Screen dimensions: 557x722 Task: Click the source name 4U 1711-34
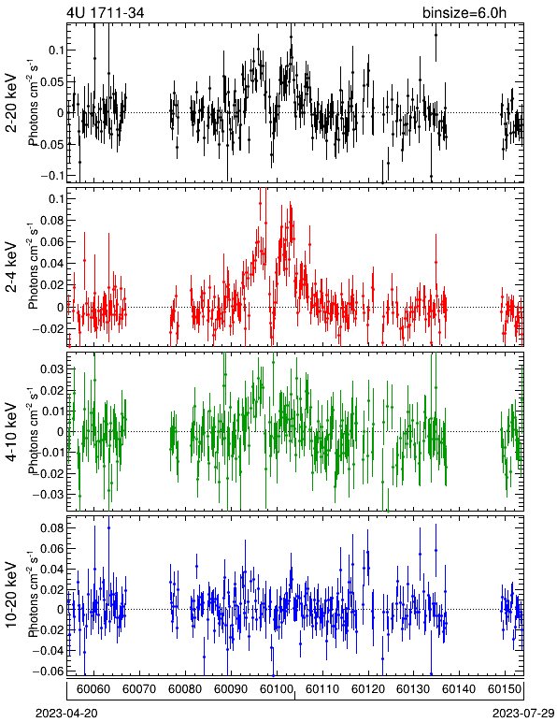click(x=106, y=13)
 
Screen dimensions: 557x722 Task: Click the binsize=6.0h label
click(x=464, y=13)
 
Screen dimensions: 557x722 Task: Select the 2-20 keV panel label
click(x=11, y=103)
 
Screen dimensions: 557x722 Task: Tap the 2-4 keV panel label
click(x=11, y=268)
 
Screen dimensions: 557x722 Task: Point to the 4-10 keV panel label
click(x=11, y=432)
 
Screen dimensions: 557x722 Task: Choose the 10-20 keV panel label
click(x=11, y=595)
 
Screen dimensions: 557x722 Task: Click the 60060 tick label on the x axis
click(x=93, y=689)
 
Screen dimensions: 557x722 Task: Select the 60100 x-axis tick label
click(x=277, y=689)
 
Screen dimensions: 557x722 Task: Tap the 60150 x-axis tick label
click(x=505, y=689)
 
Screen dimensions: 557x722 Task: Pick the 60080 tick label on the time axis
click(x=185, y=689)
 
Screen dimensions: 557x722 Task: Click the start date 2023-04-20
click(x=66, y=714)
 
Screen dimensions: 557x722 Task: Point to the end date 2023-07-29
click(x=523, y=714)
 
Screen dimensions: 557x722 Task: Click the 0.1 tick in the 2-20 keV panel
click(x=56, y=51)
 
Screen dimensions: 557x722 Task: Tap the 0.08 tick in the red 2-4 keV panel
click(x=52, y=220)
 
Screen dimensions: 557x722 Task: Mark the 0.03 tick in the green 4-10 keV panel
click(x=52, y=369)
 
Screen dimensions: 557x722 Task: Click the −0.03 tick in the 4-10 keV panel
click(x=49, y=495)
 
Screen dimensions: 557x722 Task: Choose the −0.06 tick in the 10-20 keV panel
click(x=49, y=671)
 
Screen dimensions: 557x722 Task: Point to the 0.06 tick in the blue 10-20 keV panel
click(x=52, y=549)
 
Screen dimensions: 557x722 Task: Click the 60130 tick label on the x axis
click(x=413, y=689)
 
